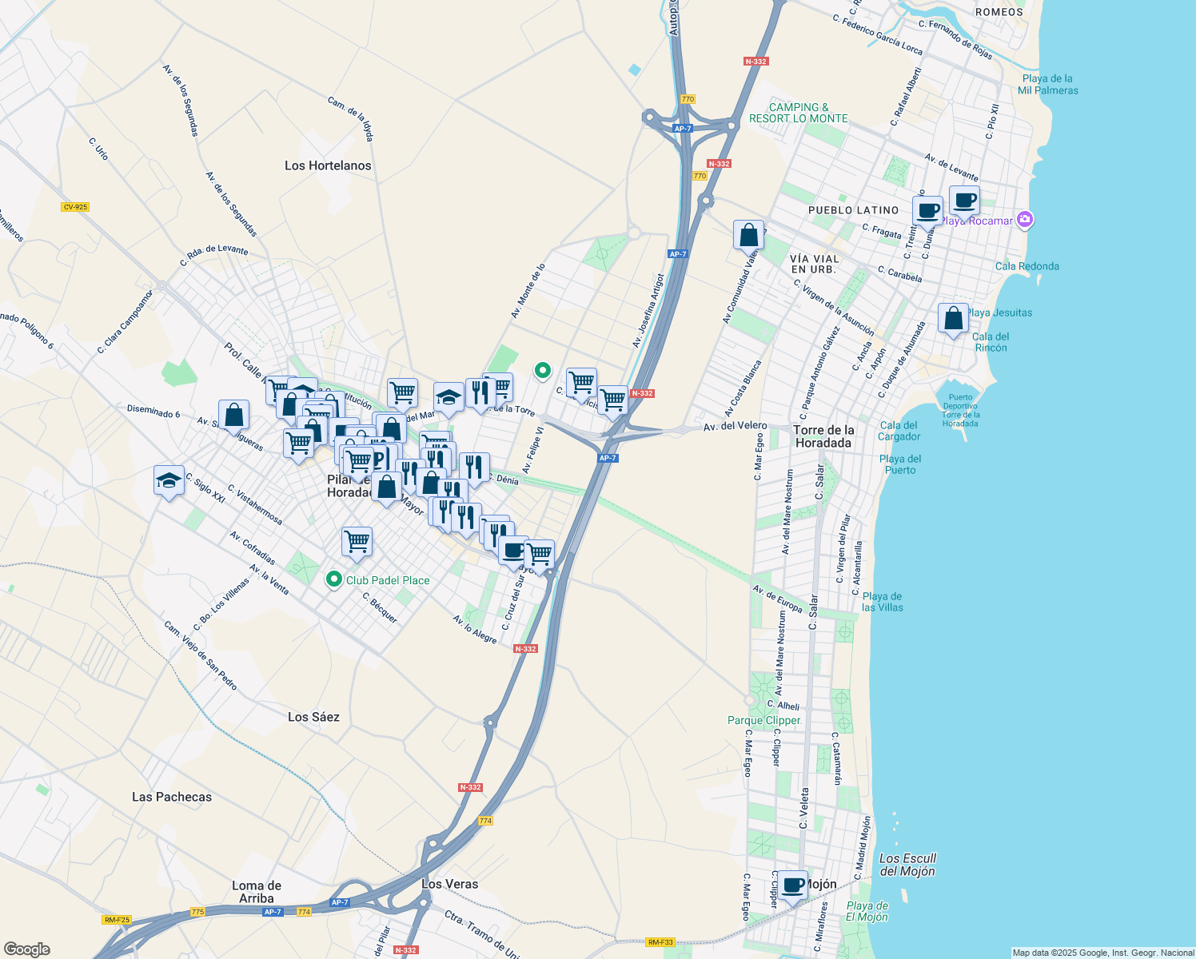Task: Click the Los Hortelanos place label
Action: coord(328,165)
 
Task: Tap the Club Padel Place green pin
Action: coord(334,579)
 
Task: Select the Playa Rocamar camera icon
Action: coord(1026,220)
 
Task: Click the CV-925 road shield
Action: coord(74,207)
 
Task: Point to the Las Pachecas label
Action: coord(172,797)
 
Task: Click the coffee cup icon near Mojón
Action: coord(793,885)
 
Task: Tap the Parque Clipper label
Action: coord(763,720)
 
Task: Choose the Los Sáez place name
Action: coord(313,717)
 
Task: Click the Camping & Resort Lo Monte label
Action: coord(798,113)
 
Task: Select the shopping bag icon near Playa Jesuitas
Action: coord(953,319)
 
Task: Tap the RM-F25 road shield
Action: coord(117,920)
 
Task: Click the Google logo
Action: coord(26,949)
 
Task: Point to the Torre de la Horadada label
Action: coord(823,436)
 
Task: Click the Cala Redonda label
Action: coord(1027,266)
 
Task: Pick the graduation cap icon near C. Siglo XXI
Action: coord(169,480)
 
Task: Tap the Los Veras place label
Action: coord(449,884)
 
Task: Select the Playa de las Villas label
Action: coord(882,602)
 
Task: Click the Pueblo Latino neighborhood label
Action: coord(853,210)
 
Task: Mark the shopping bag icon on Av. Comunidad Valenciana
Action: coord(748,235)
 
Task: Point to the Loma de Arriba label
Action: coord(257,892)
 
